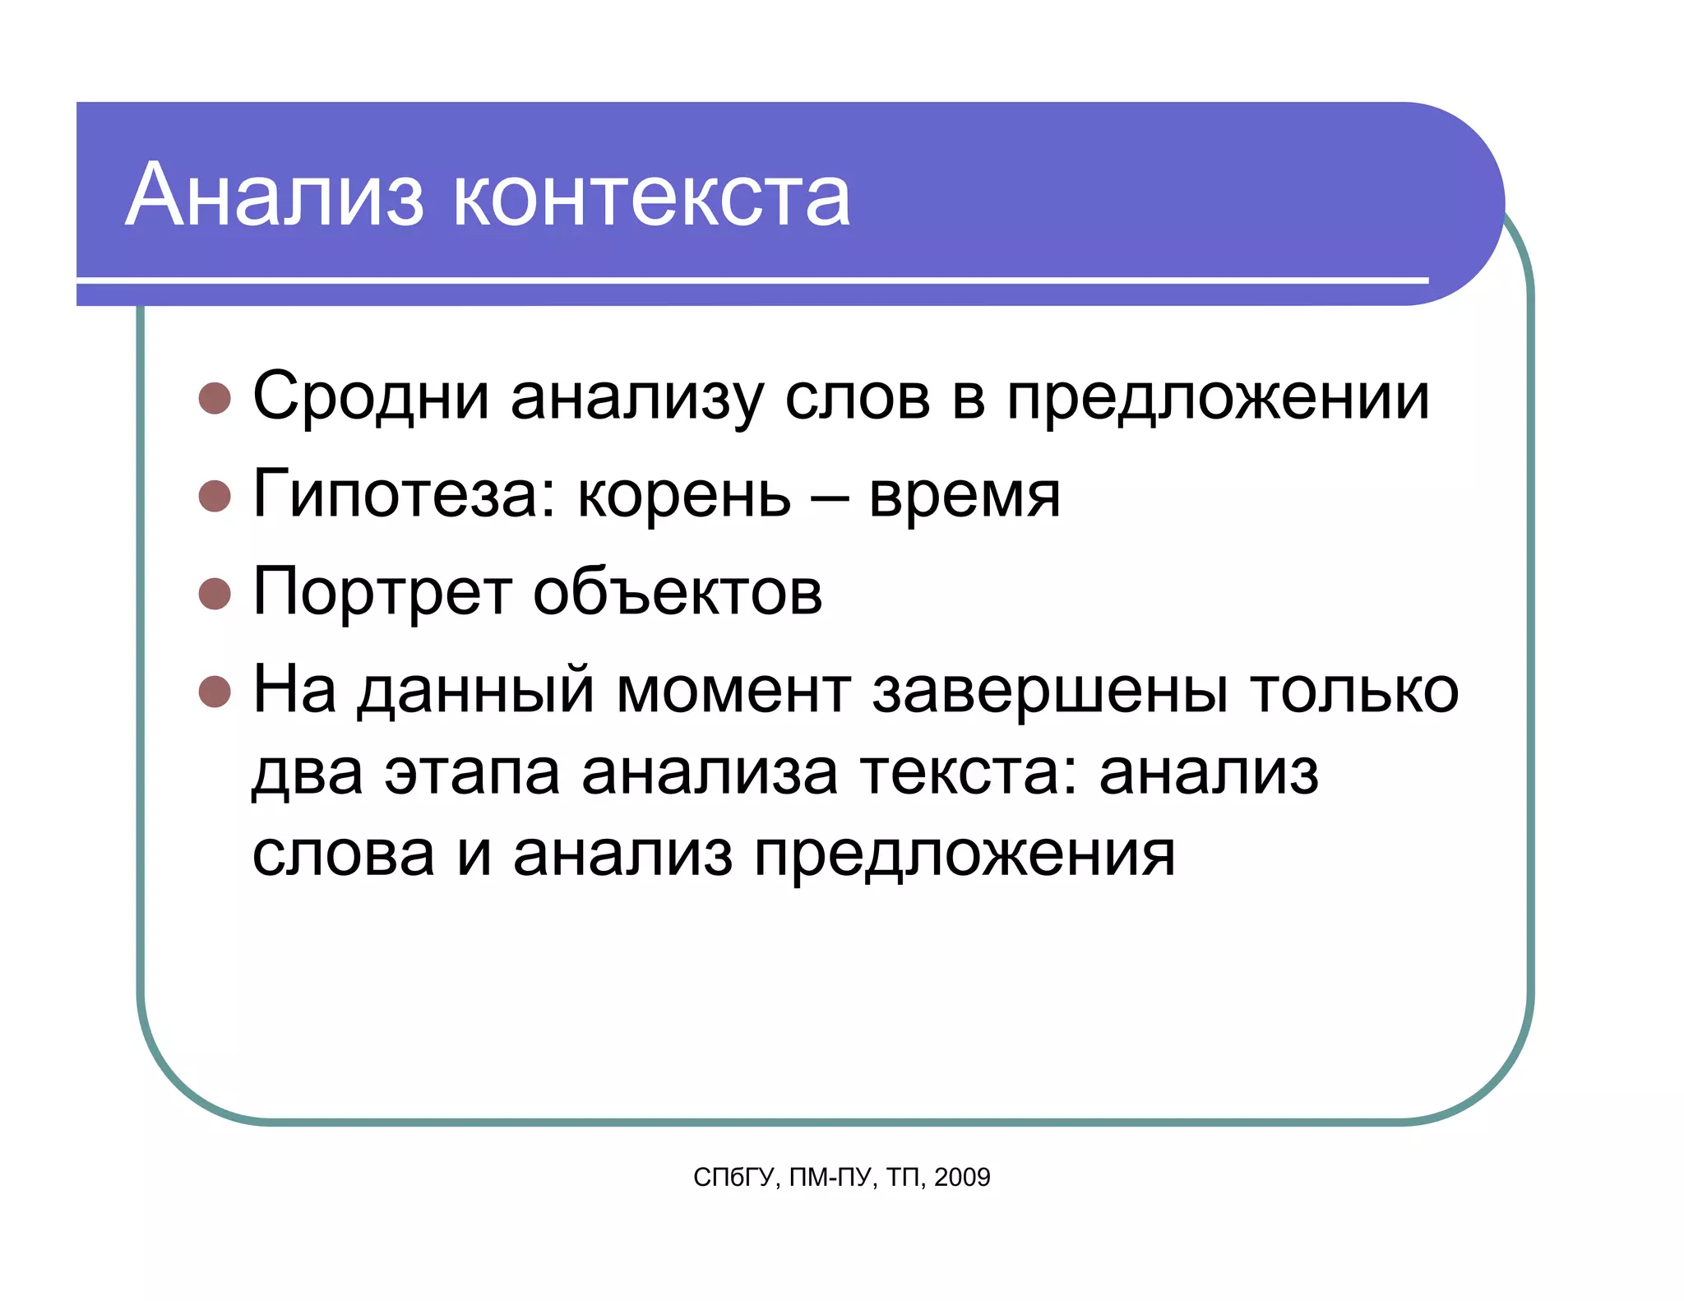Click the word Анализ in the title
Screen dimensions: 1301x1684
275,196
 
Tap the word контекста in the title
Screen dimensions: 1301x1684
651,197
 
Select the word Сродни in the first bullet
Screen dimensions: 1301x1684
371,397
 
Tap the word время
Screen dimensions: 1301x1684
965,497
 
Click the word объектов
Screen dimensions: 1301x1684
678,592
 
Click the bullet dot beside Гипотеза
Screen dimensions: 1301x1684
215,496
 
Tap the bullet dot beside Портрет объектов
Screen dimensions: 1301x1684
215,593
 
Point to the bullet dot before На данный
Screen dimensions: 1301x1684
215,691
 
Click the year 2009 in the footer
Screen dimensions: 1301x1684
962,1178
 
